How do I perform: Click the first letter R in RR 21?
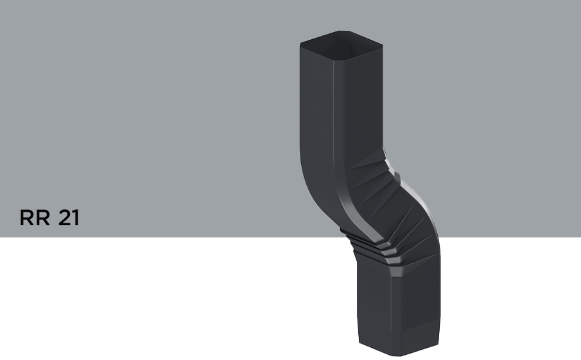tap(27, 218)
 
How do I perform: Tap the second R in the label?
tap(43, 218)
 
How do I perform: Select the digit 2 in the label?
tap(65, 218)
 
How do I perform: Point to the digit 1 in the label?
tap(76, 218)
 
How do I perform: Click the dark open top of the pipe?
tap(342, 45)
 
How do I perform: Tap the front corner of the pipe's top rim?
tap(333, 60)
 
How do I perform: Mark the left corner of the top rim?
tap(300, 44)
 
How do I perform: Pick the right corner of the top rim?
tap(382, 46)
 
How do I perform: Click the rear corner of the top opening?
tap(344, 31)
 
